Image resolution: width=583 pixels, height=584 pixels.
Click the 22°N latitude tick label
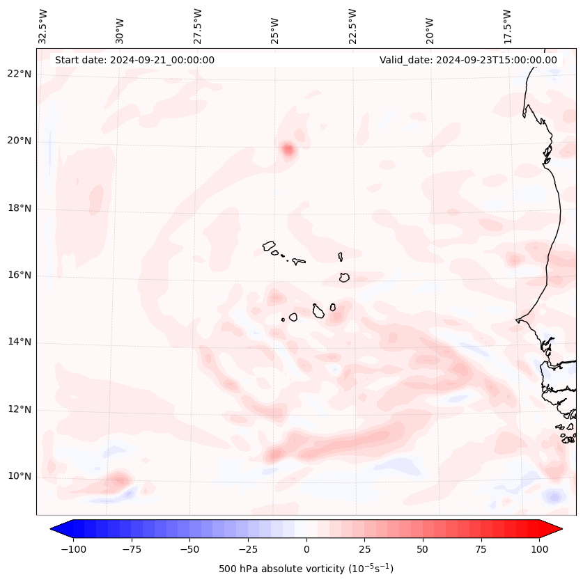[x=20, y=74]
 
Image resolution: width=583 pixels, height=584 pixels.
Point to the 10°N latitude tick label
[x=20, y=477]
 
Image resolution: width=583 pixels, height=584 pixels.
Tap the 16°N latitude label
[x=20, y=276]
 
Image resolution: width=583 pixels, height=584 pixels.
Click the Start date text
[x=134, y=60]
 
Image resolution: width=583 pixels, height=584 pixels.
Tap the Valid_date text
[x=468, y=60]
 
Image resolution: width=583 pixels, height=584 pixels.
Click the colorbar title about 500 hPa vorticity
[x=306, y=569]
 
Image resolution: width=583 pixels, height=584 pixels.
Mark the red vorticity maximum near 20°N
[x=288, y=149]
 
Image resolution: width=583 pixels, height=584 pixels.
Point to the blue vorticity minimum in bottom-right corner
[x=554, y=497]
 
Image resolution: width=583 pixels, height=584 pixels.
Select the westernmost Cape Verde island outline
[x=269, y=246]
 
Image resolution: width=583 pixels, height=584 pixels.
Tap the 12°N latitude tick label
[x=20, y=410]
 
